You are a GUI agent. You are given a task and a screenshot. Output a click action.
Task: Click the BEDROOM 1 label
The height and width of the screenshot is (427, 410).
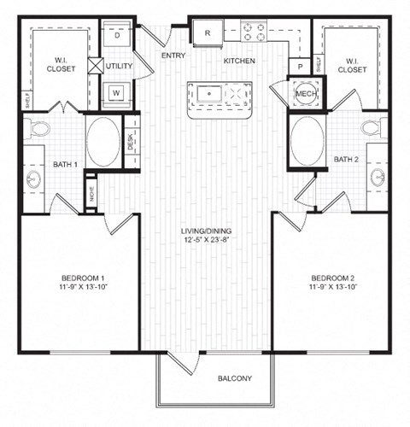coord(83,278)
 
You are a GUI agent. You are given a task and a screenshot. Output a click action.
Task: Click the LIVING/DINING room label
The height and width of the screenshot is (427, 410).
coord(206,231)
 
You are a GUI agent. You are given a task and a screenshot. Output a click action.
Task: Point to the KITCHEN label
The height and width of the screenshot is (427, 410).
coord(240,61)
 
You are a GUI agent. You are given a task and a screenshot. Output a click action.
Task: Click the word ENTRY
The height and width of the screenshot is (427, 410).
coord(173,56)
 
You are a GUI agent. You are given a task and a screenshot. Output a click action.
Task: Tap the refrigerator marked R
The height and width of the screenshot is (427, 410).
coord(208,33)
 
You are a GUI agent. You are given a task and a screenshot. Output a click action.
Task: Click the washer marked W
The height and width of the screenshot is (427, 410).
coord(117,91)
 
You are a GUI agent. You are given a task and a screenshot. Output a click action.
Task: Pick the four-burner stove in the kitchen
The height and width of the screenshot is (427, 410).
coord(254,32)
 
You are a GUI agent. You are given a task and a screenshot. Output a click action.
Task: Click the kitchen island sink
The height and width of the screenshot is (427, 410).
coord(208,91)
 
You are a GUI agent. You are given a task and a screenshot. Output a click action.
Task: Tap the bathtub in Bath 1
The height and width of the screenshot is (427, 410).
coord(103,141)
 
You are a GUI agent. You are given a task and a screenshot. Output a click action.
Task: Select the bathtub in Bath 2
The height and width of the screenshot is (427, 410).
coord(307,141)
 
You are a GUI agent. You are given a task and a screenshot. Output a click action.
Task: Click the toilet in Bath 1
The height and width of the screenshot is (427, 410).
coord(37,130)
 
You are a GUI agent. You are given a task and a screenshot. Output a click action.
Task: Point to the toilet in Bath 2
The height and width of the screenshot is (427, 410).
coord(373,130)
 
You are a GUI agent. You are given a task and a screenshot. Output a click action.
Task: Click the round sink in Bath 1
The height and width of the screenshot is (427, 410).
coord(33,180)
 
